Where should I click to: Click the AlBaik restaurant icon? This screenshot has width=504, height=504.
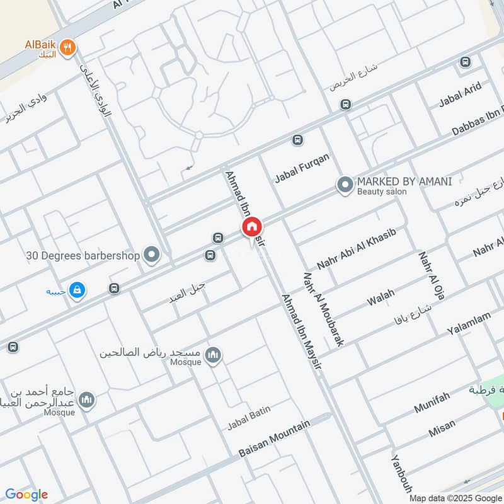tap(70, 46)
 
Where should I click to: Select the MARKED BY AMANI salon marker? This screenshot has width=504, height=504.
tap(345, 185)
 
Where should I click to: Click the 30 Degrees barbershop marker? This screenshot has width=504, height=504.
tap(151, 255)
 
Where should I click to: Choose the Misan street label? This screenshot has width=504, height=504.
tap(442, 430)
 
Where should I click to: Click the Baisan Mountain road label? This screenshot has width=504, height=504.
tap(274, 438)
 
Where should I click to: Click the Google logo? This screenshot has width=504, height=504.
tap(26, 495)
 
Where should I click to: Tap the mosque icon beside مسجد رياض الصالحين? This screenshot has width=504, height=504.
tap(214, 355)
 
